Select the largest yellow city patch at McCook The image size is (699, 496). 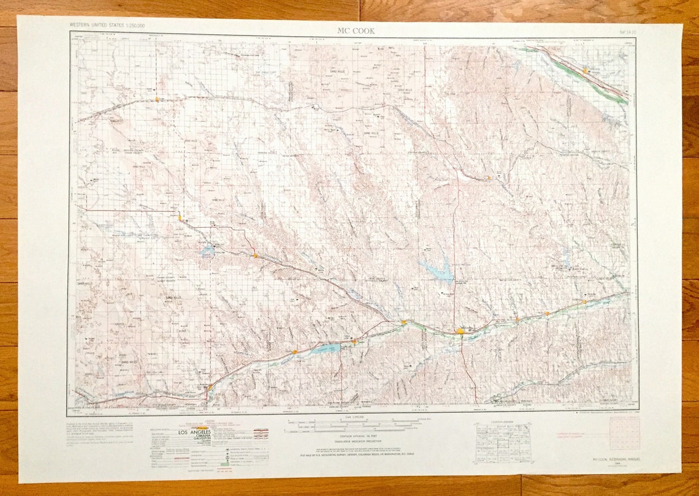pos(460,331)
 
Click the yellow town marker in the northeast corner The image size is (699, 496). pos(586,71)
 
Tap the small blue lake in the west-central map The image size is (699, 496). pos(207,250)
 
